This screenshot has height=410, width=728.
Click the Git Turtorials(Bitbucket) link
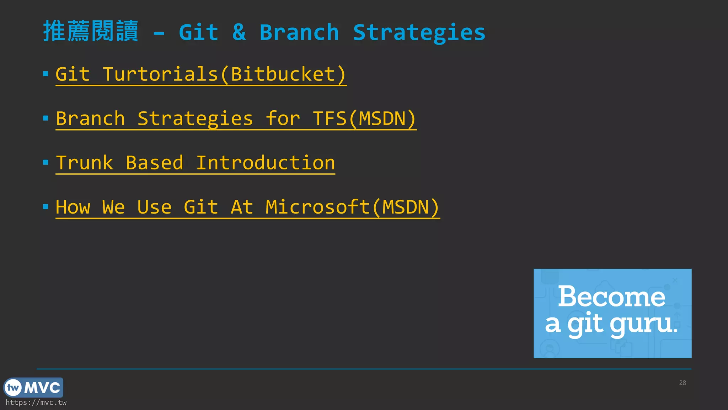pyautogui.click(x=201, y=74)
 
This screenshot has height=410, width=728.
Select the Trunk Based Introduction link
pyautogui.click(x=196, y=163)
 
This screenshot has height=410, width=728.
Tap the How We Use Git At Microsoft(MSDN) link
pyautogui.click(x=248, y=207)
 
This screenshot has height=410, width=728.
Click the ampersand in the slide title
pyautogui.click(x=239, y=32)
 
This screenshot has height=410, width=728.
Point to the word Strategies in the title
pyautogui.click(x=419, y=32)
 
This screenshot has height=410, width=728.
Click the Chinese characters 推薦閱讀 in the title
pyautogui.click(x=91, y=31)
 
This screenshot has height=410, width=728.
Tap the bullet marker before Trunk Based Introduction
pyautogui.click(x=45, y=163)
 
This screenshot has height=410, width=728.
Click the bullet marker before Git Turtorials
pyautogui.click(x=45, y=74)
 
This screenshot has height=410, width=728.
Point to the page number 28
pyautogui.click(x=682, y=383)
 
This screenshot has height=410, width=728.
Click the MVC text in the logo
pyautogui.click(x=42, y=388)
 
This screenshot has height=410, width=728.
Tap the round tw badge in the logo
pyautogui.click(x=14, y=388)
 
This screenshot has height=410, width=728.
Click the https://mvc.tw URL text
pyautogui.click(x=36, y=403)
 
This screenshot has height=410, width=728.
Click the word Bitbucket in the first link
pyautogui.click(x=283, y=74)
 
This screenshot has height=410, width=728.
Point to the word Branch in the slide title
pyautogui.click(x=299, y=32)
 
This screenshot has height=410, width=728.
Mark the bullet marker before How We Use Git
pyautogui.click(x=45, y=207)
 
